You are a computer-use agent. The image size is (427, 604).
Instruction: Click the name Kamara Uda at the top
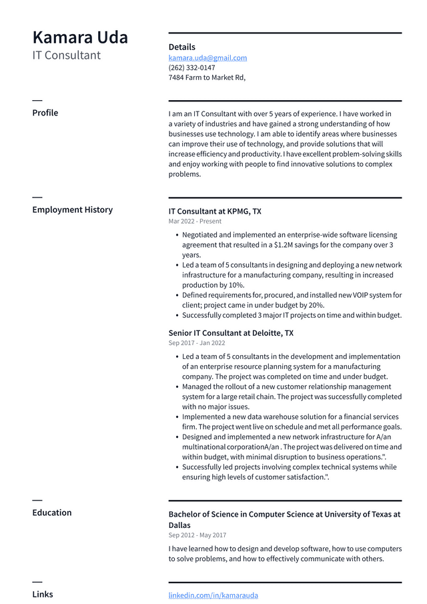[80, 37]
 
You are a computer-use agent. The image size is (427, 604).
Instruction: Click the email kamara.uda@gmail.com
[207, 58]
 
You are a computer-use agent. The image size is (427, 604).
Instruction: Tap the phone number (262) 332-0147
[191, 67]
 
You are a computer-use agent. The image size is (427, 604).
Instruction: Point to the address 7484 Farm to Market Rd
[207, 77]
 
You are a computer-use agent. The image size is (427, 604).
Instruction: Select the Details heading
[182, 47]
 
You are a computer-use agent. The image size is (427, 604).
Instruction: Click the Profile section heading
[45, 113]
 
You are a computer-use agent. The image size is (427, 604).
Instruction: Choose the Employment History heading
[73, 210]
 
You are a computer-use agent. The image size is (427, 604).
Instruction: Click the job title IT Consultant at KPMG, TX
[215, 212]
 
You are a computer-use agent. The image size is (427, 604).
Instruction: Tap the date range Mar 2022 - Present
[195, 222]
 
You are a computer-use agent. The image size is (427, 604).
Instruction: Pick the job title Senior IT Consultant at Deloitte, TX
[231, 333]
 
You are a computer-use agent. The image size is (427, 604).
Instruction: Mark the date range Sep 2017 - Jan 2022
[197, 343]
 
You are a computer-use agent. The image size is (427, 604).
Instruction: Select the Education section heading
[52, 513]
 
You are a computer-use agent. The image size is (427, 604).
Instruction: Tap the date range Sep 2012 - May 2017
[197, 535]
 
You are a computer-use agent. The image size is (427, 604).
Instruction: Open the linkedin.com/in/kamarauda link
[213, 595]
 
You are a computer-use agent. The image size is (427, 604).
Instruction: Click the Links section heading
[43, 594]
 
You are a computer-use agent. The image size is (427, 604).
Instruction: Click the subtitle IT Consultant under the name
[67, 55]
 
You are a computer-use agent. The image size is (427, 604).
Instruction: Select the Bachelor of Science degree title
[284, 515]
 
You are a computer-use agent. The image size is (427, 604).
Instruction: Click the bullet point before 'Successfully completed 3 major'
[176, 316]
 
